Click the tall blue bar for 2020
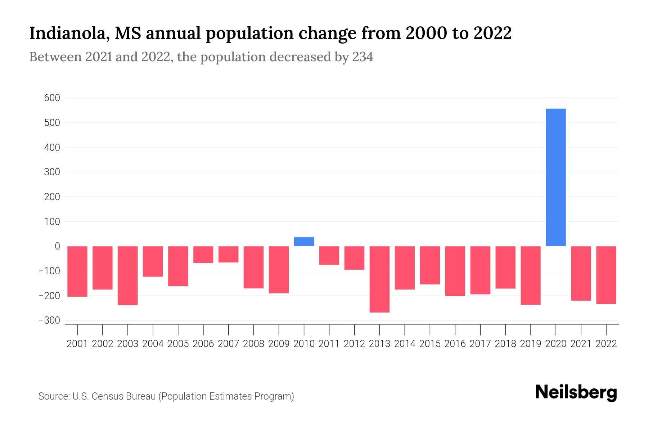pyautogui.click(x=555, y=177)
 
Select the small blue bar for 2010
pyautogui.click(x=304, y=242)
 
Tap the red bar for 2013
pyautogui.click(x=379, y=279)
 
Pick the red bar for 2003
pyautogui.click(x=128, y=275)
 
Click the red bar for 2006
pyautogui.click(x=203, y=255)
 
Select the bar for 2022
pyautogui.click(x=606, y=275)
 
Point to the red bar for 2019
pyautogui.click(x=530, y=275)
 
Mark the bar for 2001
pyautogui.click(x=77, y=271)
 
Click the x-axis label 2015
pyautogui.click(x=430, y=344)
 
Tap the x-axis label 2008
pyautogui.click(x=253, y=344)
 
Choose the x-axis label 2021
pyautogui.click(x=581, y=344)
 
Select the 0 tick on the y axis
pyautogui.click(x=57, y=246)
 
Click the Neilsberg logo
pyautogui.click(x=576, y=392)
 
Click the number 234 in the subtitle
pyautogui.click(x=363, y=57)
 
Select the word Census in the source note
pyautogui.click(x=107, y=396)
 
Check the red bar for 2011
pyautogui.click(x=329, y=255)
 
